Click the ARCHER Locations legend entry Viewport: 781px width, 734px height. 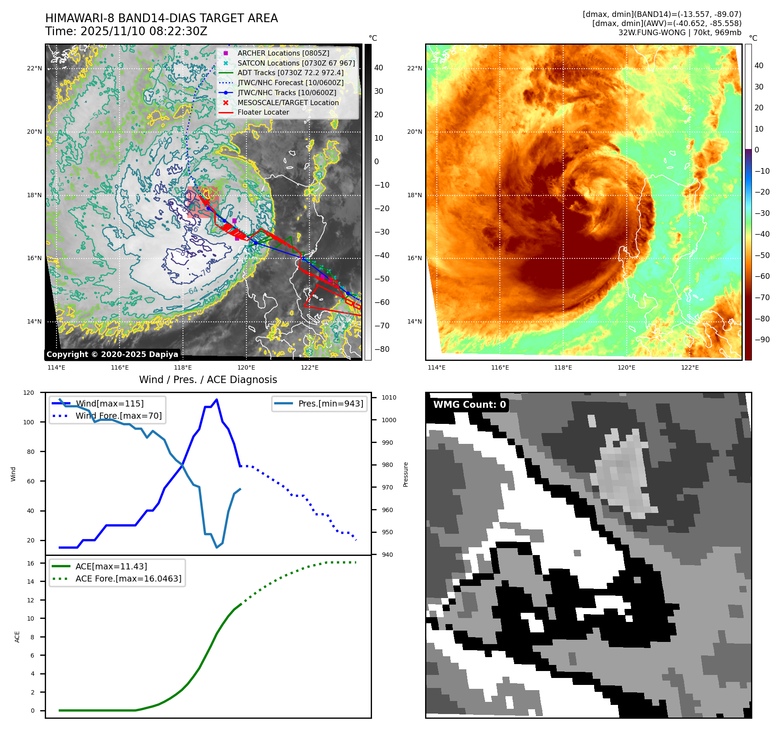click(283, 53)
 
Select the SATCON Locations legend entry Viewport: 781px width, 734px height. click(296, 63)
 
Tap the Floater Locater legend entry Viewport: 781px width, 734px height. click(263, 112)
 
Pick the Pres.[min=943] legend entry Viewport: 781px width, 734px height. click(330, 403)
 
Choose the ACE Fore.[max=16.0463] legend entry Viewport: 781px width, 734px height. click(128, 579)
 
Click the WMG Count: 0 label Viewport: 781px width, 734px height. click(469, 405)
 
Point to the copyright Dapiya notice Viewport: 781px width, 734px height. click(112, 354)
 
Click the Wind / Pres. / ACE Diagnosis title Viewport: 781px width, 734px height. click(208, 380)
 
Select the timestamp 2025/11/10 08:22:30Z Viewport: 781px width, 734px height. click(144, 31)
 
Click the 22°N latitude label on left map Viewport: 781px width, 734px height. click(35, 68)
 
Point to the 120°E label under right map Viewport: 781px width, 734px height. click(626, 367)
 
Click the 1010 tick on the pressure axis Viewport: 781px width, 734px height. click(389, 397)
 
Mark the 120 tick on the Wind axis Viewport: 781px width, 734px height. click(29, 393)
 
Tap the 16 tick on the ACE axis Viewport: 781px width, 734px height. click(30, 563)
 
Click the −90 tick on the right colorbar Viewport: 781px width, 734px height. click(762, 340)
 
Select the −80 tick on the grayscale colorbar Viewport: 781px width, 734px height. click(382, 349)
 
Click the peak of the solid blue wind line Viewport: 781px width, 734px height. click(217, 400)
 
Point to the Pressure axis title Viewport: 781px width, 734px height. click(405, 474)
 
